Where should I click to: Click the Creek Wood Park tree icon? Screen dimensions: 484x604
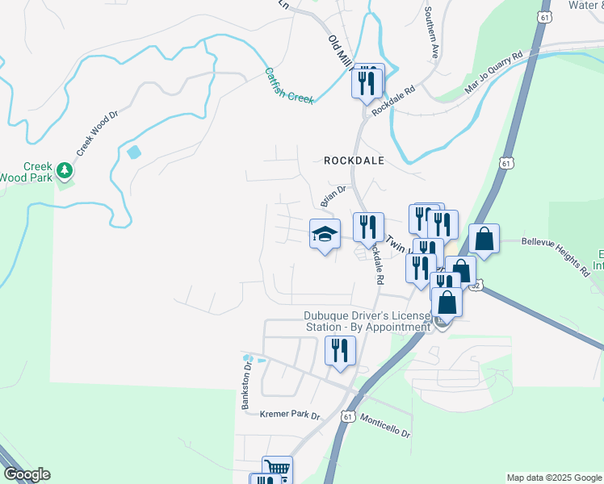coord(65,171)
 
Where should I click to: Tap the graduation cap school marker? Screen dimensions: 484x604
coord(325,235)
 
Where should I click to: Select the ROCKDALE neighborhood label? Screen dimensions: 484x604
coord(354,161)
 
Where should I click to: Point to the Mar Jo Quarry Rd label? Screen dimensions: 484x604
coord(494,76)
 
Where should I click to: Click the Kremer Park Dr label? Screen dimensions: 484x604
coord(291,415)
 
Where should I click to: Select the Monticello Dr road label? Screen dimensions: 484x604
coord(384,427)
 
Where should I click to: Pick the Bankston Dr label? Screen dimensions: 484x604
coord(248,386)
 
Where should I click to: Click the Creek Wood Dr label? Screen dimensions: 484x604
coord(98,133)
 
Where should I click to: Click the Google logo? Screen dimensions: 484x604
coord(26,474)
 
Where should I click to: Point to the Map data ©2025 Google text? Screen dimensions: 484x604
coord(554,478)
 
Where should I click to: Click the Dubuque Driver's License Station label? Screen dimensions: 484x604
coord(367,321)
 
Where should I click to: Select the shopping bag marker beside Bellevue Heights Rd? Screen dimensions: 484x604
coord(484,240)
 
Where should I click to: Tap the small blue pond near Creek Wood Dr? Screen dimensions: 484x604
coord(134,151)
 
